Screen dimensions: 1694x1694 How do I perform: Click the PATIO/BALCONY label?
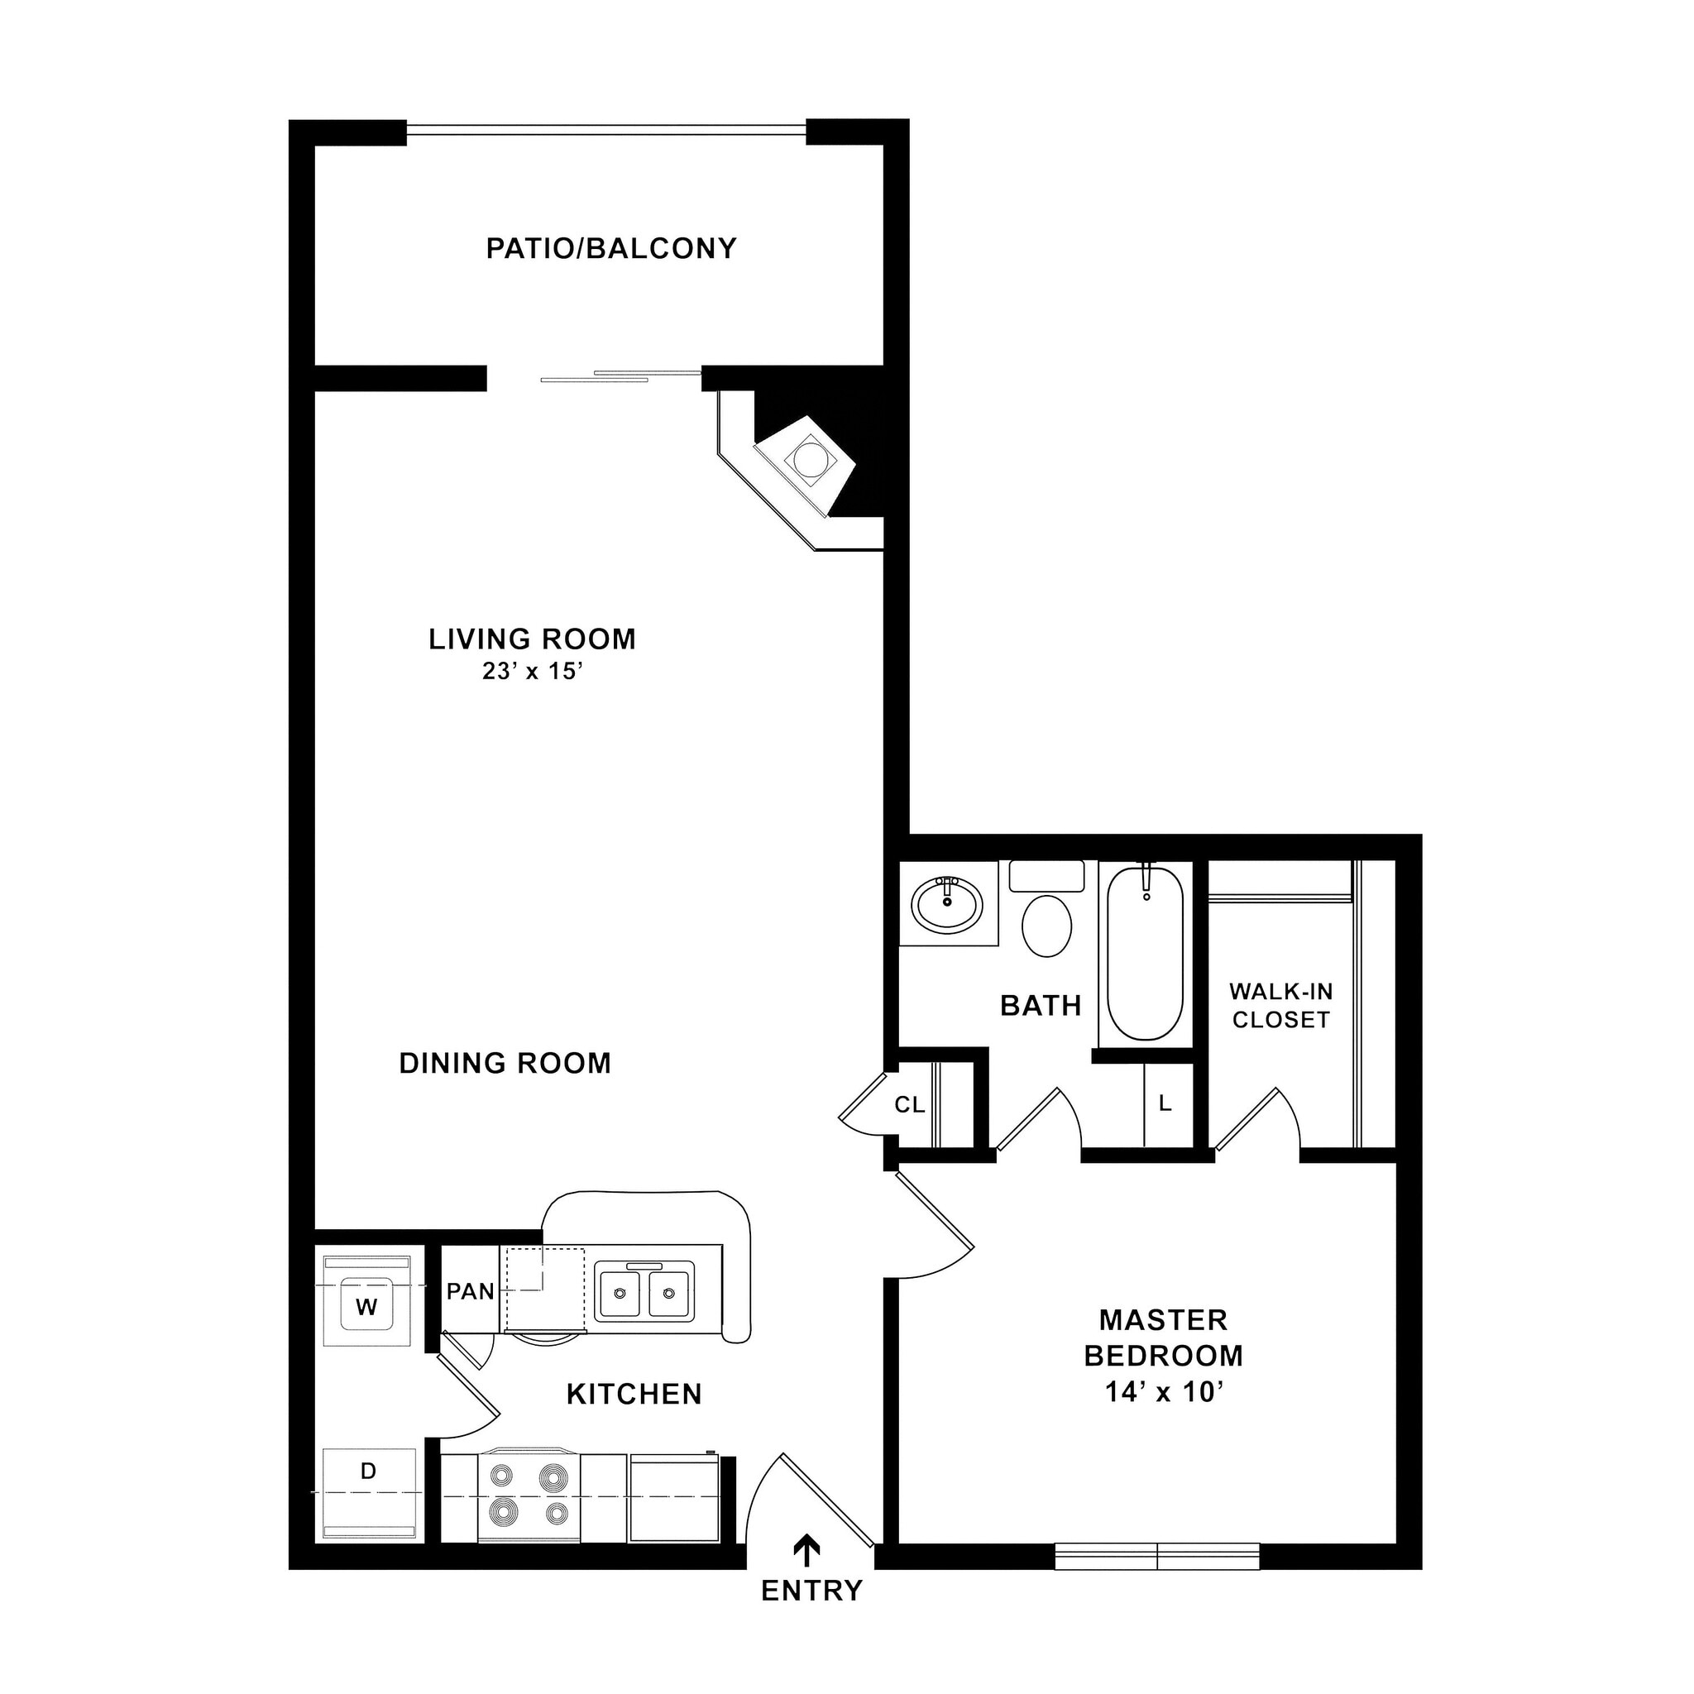click(x=611, y=249)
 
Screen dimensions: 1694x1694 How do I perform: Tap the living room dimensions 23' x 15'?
click(x=532, y=672)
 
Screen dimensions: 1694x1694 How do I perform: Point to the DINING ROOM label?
click(x=505, y=1064)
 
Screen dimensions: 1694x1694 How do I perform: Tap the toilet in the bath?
click(x=1047, y=924)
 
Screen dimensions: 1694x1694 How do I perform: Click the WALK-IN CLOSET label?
click(x=1281, y=1006)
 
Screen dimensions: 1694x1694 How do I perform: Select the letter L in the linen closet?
click(x=1165, y=1104)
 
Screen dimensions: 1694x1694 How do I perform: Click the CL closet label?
click(x=909, y=1106)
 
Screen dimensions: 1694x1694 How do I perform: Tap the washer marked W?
click(x=366, y=1306)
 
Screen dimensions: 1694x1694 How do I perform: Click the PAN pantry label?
click(x=471, y=1291)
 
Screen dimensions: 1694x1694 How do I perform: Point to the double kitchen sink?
click(x=644, y=1291)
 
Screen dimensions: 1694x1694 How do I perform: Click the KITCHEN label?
click(x=634, y=1394)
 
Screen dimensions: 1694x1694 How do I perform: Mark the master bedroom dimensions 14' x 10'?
click(x=1164, y=1392)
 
